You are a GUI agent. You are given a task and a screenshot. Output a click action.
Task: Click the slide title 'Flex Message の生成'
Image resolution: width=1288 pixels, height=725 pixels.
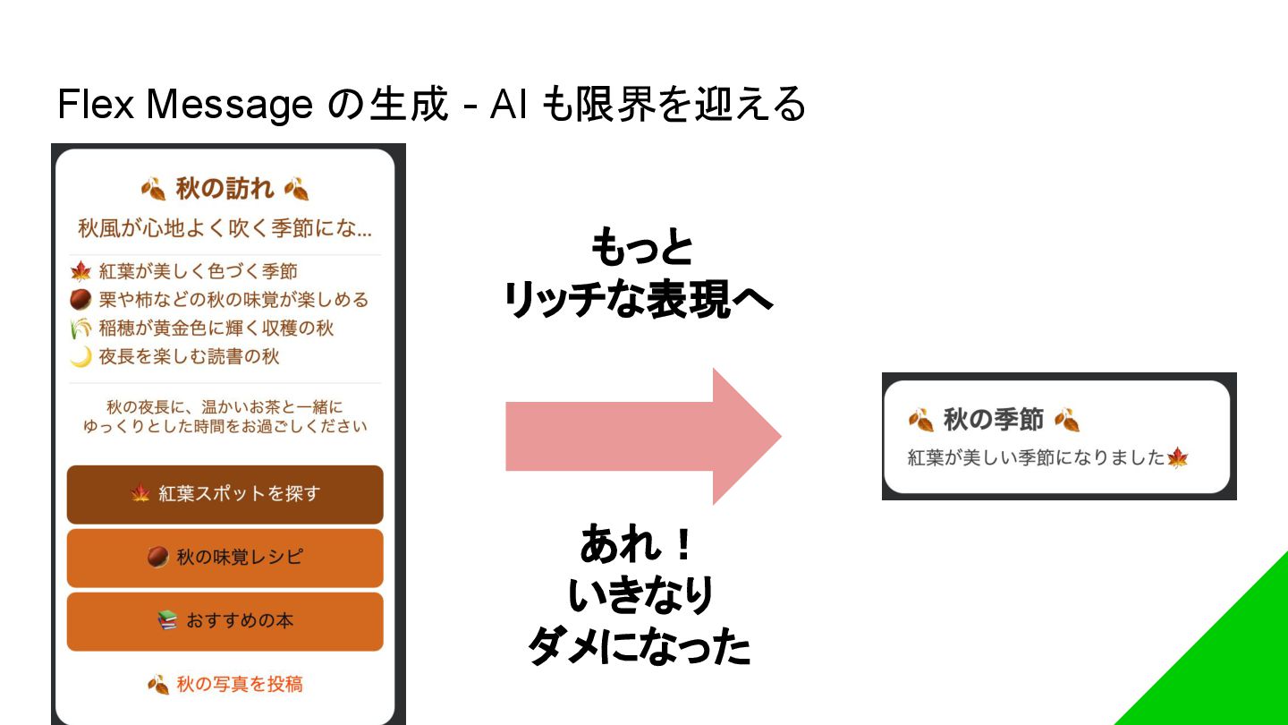tap(251, 105)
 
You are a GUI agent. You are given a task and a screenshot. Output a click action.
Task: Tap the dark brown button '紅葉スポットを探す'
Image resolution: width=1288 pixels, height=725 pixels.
tap(225, 494)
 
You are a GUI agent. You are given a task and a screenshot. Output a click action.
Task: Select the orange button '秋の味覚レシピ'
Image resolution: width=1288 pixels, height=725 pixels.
tap(225, 558)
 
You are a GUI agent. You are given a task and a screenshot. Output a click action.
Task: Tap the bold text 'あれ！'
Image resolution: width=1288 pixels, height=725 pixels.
tap(637, 544)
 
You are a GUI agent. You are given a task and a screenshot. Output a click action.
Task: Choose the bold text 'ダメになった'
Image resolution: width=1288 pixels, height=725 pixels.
tap(639, 646)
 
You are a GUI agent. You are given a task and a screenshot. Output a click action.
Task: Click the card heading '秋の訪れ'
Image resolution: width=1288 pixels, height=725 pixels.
tap(225, 189)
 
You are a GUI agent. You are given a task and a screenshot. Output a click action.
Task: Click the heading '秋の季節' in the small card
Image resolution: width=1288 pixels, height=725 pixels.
tap(994, 420)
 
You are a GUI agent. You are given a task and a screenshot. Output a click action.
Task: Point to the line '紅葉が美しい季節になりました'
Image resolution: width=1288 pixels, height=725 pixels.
tap(1037, 458)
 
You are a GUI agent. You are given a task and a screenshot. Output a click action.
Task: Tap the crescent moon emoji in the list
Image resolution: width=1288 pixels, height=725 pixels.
tap(81, 357)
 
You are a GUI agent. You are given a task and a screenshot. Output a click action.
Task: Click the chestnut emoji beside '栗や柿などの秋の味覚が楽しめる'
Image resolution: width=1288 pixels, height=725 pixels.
tap(81, 300)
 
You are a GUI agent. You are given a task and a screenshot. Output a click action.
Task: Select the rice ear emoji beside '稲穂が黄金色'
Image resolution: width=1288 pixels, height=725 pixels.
tap(81, 328)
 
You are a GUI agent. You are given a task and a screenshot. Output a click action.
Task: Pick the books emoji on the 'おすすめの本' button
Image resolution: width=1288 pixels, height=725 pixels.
tap(167, 620)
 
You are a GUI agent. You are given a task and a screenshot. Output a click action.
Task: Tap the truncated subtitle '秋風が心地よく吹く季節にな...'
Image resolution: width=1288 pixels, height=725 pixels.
tap(225, 229)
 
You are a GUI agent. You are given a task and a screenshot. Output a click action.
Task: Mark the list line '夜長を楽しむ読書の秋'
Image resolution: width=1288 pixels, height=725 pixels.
tap(189, 357)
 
